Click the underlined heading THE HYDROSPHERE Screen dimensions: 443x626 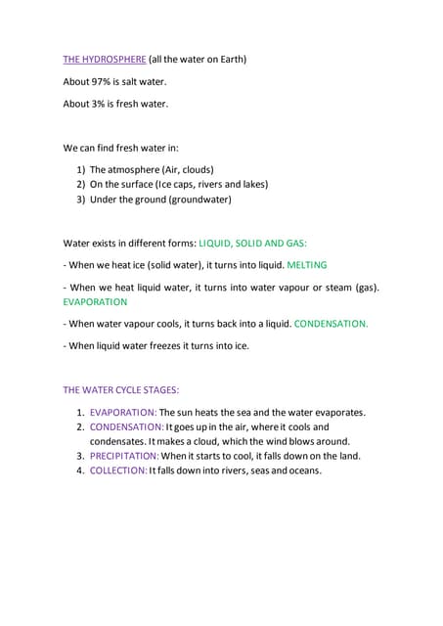tap(105, 59)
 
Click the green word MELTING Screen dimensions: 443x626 tap(308, 264)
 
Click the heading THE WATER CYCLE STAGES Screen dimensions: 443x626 tap(121, 389)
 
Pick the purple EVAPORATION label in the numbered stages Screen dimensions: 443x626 tap(123, 412)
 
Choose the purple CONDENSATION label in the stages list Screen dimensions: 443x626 tap(126, 426)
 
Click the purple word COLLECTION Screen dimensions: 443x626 tap(118, 470)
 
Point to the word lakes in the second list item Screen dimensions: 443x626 tap(250, 184)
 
